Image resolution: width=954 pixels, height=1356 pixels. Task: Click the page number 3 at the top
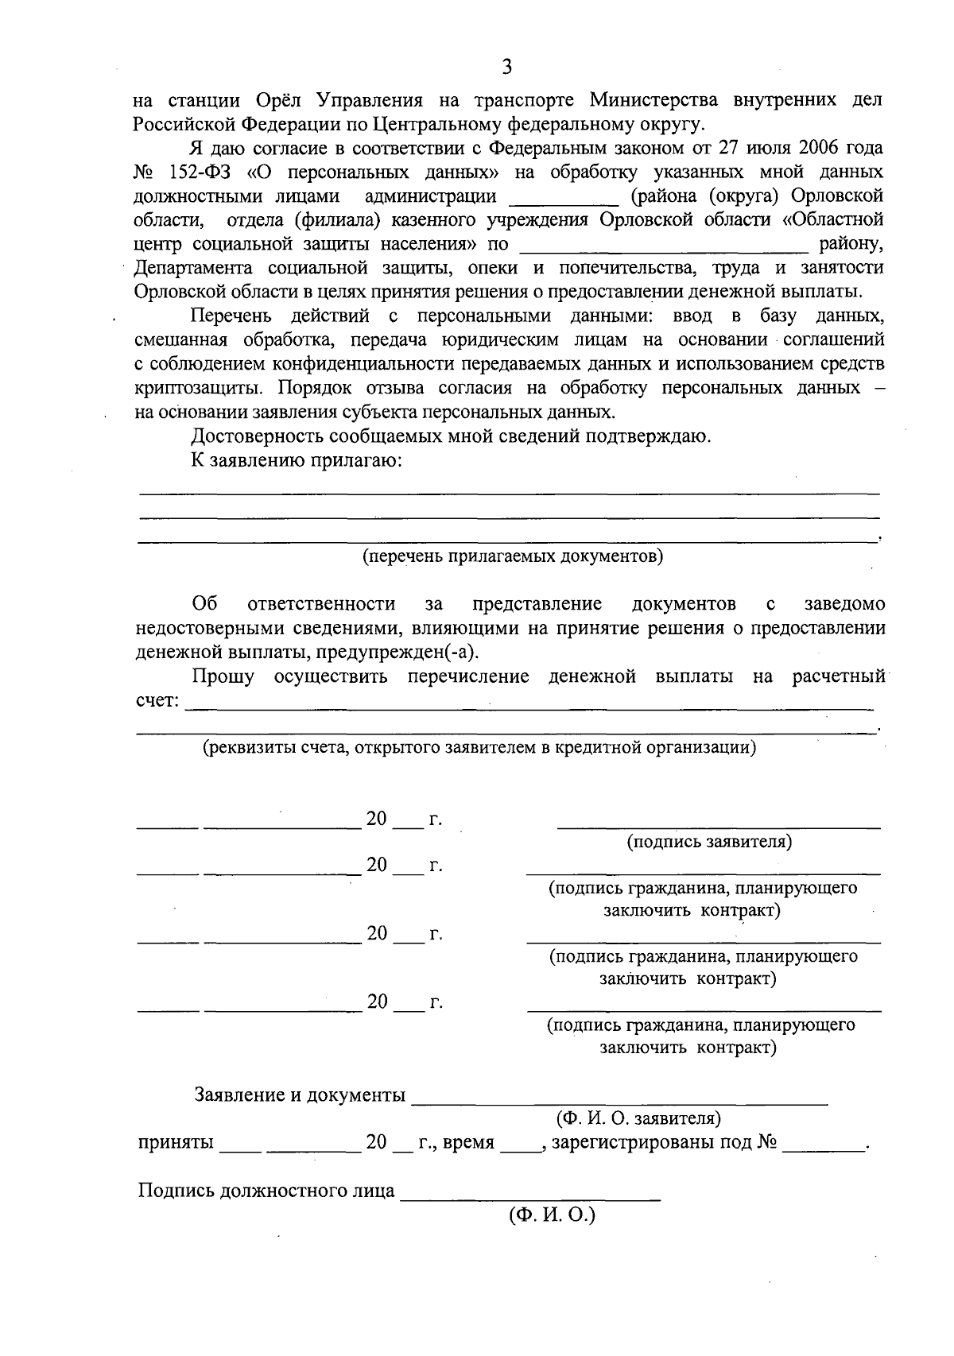click(506, 67)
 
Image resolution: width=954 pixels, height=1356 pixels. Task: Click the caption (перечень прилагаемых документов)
click(513, 556)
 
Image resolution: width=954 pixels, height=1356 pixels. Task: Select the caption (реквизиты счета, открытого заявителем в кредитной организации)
click(479, 748)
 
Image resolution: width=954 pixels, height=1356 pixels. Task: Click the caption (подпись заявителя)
click(709, 842)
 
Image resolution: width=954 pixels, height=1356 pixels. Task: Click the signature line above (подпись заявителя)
click(719, 827)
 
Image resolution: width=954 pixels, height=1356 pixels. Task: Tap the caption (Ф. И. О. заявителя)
click(638, 1118)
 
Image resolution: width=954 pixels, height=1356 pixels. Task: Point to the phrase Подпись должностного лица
click(266, 1191)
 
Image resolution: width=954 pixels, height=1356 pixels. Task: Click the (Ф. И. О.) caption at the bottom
click(552, 1215)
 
